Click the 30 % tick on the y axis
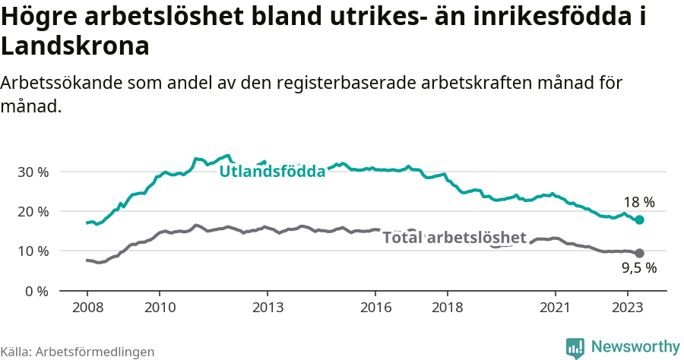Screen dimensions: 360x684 33,172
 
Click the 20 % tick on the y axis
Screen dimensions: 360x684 33,211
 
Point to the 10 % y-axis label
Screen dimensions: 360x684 33,251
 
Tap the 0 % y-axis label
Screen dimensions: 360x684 36,291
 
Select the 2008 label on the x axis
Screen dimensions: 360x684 87,308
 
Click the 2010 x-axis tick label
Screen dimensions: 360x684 160,308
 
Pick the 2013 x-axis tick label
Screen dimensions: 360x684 268,308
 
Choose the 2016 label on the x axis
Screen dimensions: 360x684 375,308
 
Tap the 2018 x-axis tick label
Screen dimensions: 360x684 447,308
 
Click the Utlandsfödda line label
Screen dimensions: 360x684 272,172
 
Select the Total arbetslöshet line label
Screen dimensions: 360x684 454,238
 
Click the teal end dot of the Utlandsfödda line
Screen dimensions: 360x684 639,219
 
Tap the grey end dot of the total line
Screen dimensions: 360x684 639,253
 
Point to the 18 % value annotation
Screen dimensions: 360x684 638,202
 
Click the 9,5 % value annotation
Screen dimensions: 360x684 638,268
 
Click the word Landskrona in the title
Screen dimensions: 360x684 74,47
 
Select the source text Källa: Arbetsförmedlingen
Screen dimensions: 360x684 78,352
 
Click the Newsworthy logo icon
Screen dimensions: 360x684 575,348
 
